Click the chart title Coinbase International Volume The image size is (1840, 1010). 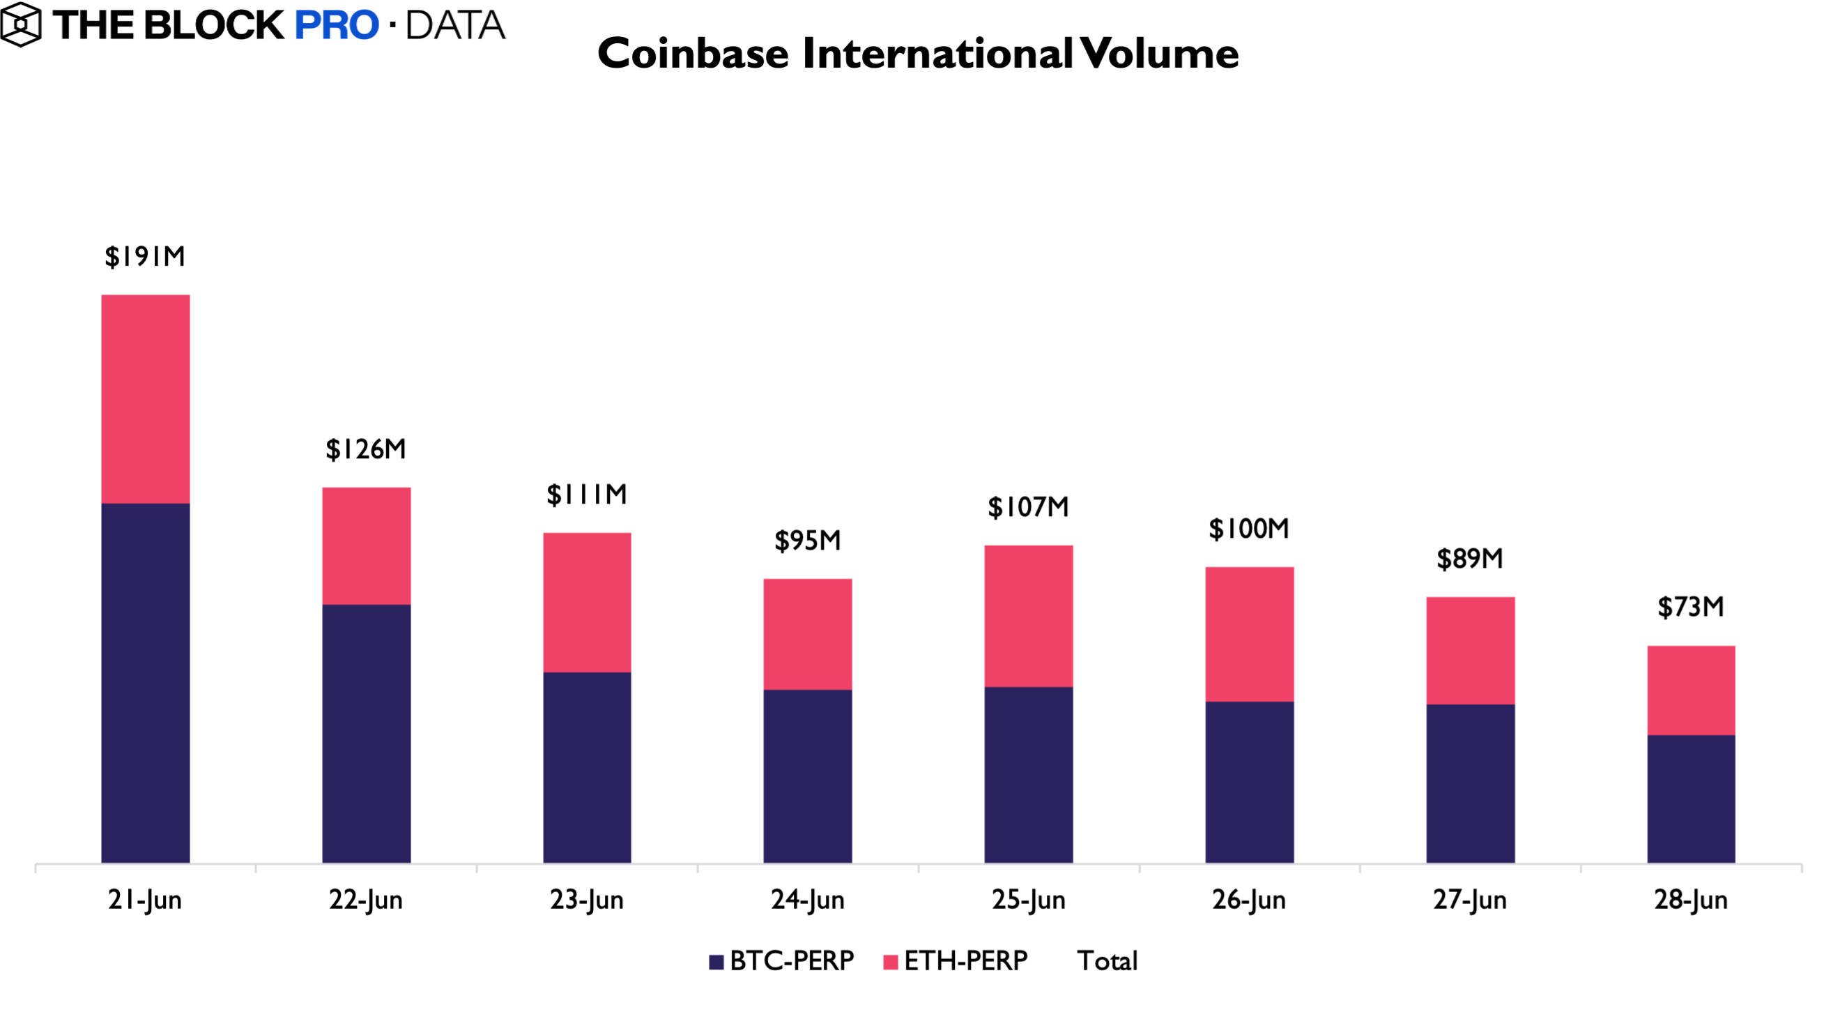(918, 54)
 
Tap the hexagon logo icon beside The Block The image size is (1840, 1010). (20, 25)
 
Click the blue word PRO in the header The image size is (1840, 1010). (337, 26)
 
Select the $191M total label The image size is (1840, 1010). (145, 257)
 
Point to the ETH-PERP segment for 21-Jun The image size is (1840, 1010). (146, 399)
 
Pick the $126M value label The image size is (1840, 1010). (366, 450)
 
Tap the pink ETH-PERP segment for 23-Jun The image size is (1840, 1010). (587, 602)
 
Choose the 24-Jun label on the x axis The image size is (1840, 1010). (807, 899)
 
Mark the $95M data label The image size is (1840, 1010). (808, 541)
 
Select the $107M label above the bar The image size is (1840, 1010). (1028, 508)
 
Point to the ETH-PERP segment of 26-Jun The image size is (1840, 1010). (1249, 634)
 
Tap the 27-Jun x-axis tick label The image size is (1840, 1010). (1470, 899)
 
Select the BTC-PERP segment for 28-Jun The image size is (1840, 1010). (1691, 799)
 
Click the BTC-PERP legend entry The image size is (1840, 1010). (781, 960)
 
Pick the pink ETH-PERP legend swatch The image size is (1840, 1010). (890, 962)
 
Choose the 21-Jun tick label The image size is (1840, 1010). (145, 899)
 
